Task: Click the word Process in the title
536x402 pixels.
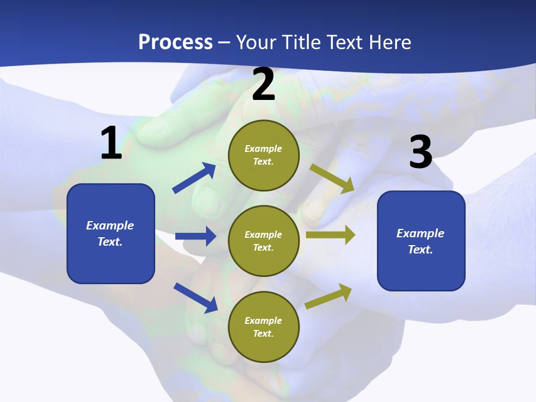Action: [175, 42]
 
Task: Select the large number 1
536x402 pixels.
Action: [111, 143]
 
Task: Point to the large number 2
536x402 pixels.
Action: [264, 84]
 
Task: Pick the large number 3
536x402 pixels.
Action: [420, 152]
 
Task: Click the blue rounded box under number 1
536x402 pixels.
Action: [111, 233]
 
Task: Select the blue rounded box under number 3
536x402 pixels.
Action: [421, 241]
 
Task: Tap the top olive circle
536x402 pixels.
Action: [264, 155]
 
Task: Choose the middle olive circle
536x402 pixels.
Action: [264, 241]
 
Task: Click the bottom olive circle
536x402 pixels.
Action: [264, 327]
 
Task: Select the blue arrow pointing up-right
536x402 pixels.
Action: [194, 178]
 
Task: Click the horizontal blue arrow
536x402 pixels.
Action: [195, 236]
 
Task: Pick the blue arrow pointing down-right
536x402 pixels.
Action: [195, 298]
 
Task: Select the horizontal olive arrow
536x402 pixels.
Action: [331, 234]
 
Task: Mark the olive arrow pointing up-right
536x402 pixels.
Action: [329, 296]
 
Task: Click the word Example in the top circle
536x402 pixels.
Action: [264, 149]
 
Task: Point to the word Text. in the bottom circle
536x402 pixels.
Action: [264, 333]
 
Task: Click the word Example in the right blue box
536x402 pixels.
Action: [420, 233]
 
